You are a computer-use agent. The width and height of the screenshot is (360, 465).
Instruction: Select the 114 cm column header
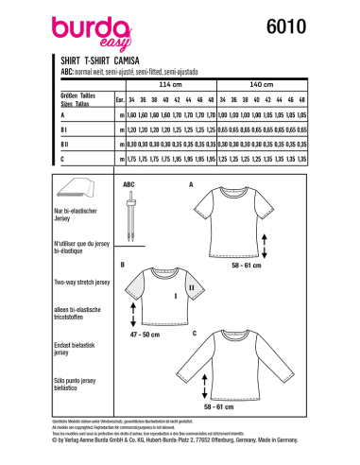tap(173, 83)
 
